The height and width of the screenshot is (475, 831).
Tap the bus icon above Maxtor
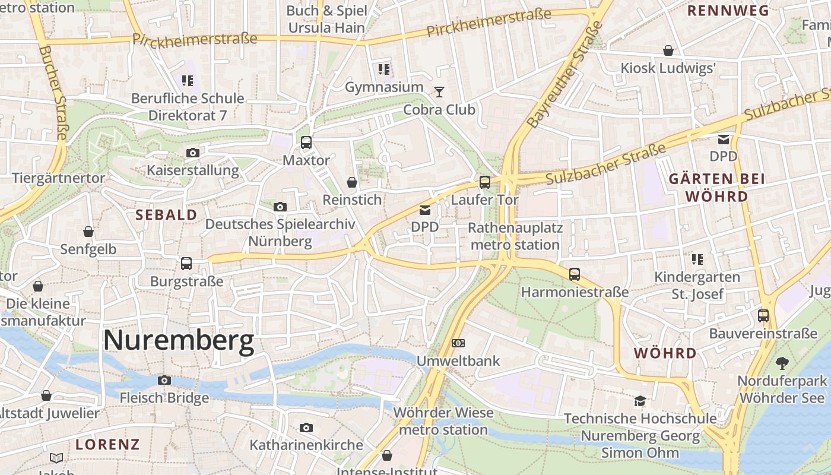point(306,142)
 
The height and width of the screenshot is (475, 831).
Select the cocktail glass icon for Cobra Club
point(439,91)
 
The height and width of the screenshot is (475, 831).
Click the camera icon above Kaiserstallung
point(192,153)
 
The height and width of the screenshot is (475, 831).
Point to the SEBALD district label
point(166,215)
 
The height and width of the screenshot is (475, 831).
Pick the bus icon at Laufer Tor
point(485,182)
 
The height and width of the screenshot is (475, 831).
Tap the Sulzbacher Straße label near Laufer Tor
point(605,162)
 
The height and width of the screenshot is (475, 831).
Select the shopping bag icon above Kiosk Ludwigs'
point(668,50)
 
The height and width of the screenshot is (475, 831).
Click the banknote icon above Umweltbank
point(458,343)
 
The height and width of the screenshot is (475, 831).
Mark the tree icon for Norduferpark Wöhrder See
point(782,363)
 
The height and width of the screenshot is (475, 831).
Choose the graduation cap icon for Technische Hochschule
point(640,401)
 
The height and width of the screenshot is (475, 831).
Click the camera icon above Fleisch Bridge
point(164,380)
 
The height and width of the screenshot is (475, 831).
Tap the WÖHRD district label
point(665,353)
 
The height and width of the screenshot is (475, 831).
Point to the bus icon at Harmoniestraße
point(574,274)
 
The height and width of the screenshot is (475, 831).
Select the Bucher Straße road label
point(52,92)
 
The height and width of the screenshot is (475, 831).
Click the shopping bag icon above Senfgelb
point(88,232)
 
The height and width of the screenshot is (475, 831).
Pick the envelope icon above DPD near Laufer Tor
point(425,210)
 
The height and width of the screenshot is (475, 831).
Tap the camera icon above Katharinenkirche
point(306,427)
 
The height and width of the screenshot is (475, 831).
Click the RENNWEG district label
point(728,11)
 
